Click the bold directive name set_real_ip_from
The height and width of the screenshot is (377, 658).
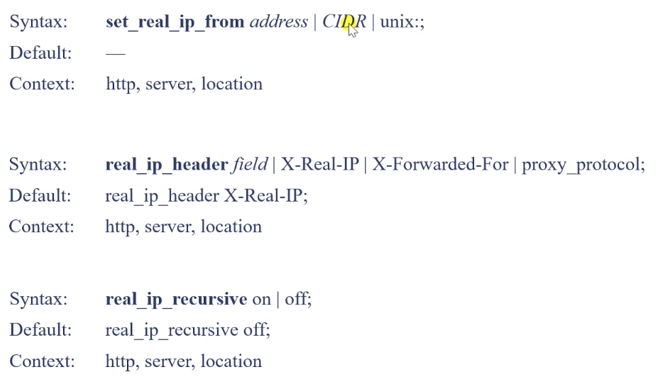[175, 22]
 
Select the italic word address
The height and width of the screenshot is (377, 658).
[279, 21]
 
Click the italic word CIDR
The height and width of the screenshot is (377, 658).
[344, 21]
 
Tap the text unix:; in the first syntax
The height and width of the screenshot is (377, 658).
[402, 22]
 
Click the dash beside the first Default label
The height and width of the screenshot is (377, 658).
[116, 54]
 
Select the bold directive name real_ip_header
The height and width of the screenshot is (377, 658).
[167, 165]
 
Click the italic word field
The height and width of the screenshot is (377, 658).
[250, 164]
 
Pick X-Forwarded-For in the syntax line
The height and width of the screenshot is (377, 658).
[440, 164]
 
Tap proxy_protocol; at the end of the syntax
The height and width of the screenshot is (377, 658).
[583, 165]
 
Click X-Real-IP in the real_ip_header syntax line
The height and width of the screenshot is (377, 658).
[319, 164]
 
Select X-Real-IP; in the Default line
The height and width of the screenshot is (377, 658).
[265, 196]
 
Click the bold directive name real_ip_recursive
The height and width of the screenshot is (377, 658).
[176, 300]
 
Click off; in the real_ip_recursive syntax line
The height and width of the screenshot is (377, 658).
[298, 299]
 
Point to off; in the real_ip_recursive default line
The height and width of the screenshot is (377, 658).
[257, 329]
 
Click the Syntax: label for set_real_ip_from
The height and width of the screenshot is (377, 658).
[38, 22]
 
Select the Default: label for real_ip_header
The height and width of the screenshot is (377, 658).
[40, 196]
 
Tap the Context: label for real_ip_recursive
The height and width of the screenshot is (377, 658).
[42, 361]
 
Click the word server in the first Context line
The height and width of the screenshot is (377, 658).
[170, 84]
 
